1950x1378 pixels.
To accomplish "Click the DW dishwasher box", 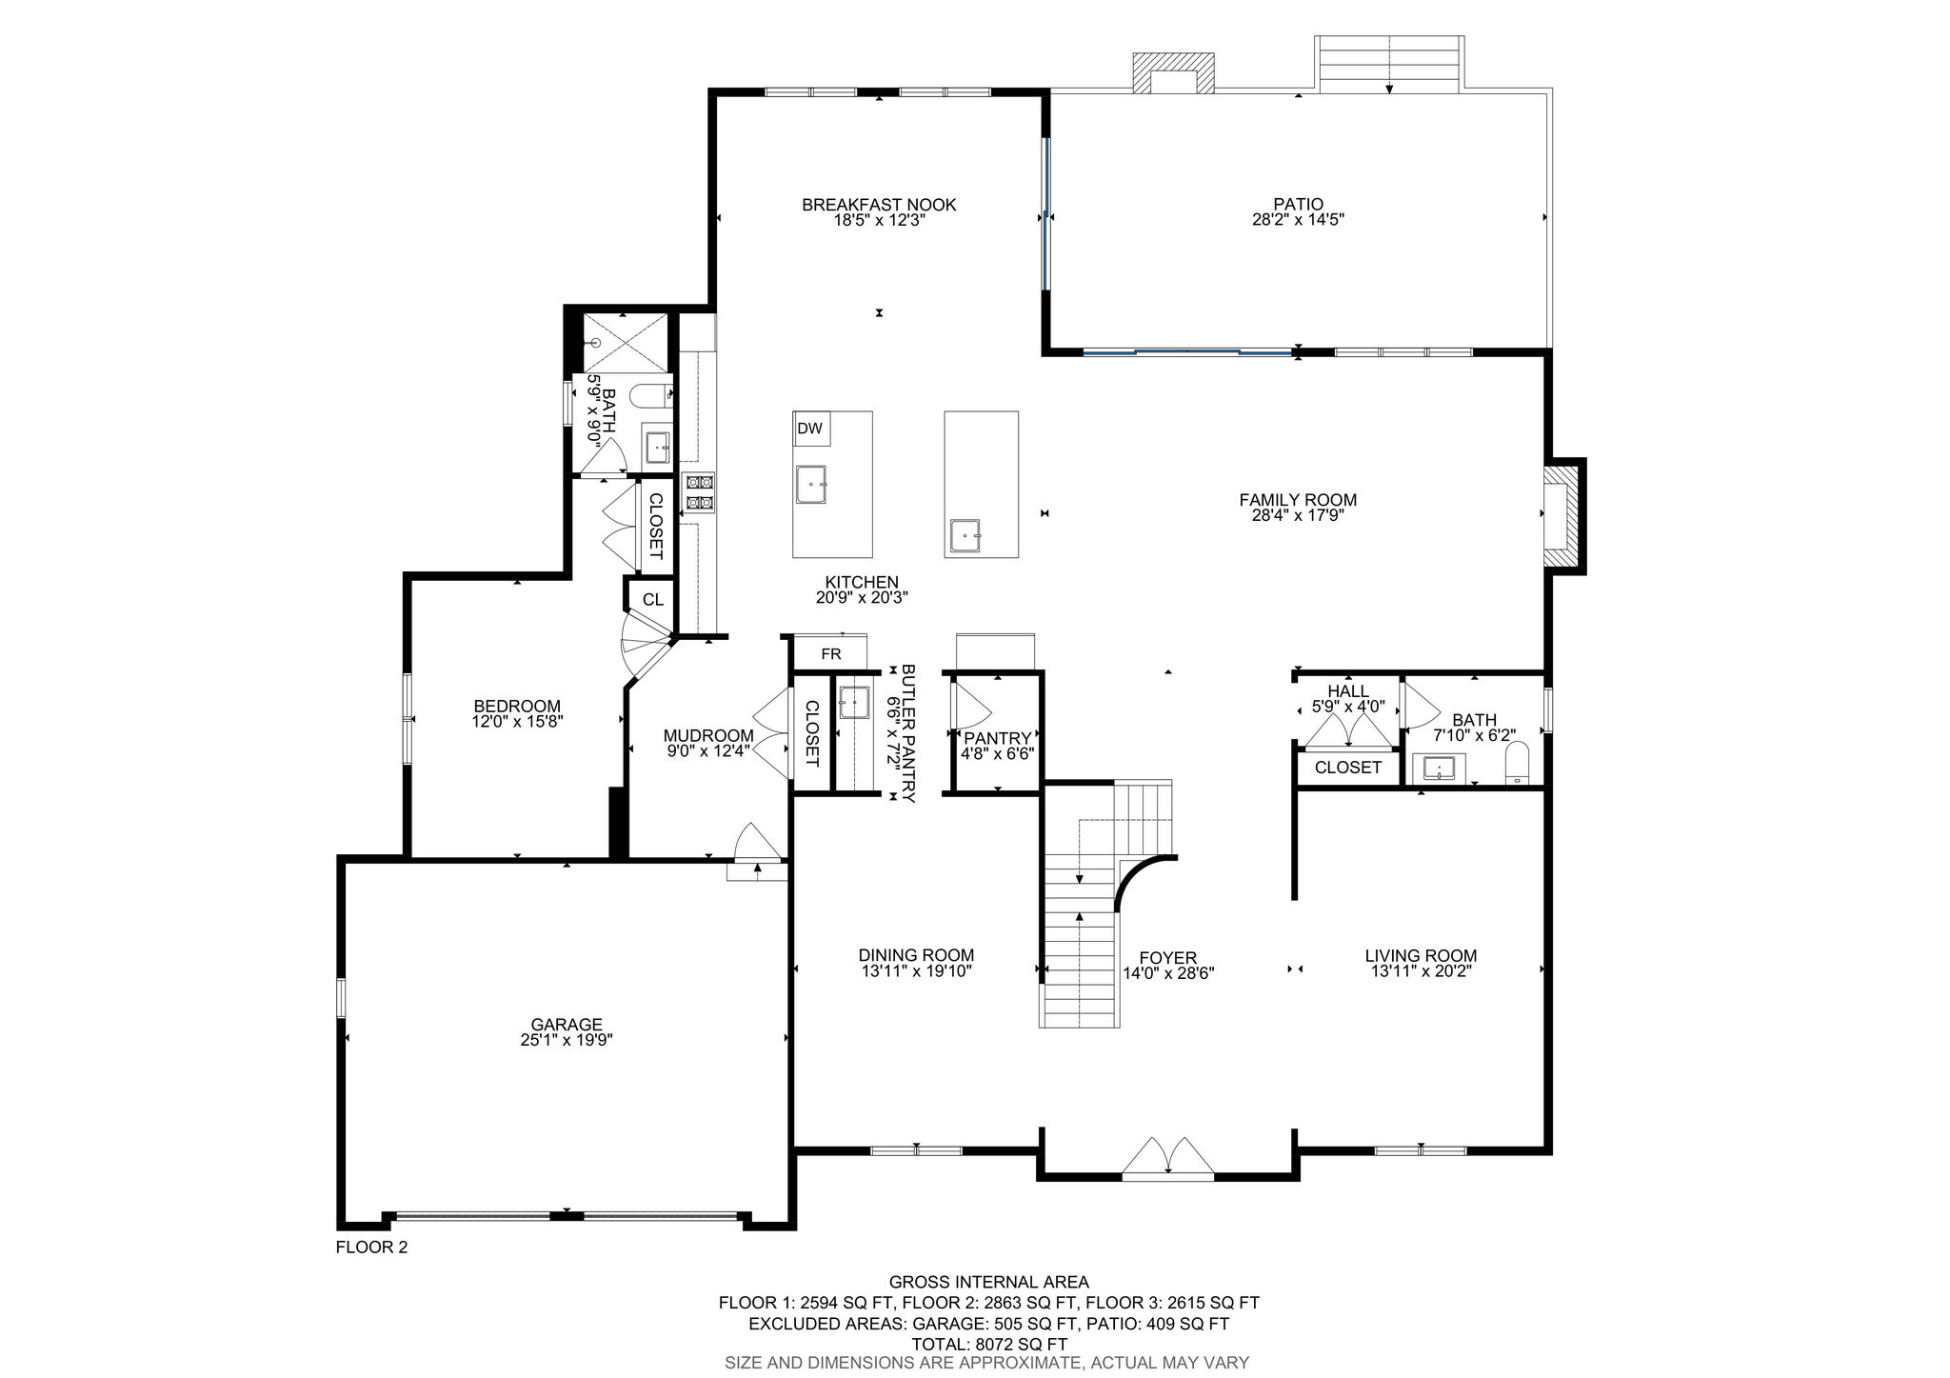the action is pos(811,429).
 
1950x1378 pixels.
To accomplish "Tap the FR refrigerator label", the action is pos(831,654).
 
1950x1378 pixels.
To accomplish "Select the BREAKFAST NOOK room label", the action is pos(879,205).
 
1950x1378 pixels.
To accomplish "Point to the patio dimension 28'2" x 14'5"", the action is pos(1299,219).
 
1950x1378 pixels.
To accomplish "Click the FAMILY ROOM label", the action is pos(1298,500).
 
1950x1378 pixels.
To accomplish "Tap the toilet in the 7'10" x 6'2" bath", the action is pos(1518,764).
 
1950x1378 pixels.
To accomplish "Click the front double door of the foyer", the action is pos(1168,1157).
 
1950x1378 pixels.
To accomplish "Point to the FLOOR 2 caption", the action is pos(371,1247).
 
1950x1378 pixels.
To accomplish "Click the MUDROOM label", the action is pos(708,735).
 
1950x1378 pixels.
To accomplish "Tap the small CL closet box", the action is pos(652,600).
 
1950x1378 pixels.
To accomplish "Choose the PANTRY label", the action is pos(998,738).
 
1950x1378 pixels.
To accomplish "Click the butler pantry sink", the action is pos(854,703).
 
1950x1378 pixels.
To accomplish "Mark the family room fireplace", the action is pos(1564,517).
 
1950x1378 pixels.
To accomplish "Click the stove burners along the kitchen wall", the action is pos(699,492).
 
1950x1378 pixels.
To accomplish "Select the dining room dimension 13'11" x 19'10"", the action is pos(916,971).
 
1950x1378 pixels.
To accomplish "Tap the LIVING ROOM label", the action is pos(1421,956).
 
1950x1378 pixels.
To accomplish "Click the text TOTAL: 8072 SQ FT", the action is pos(989,1345).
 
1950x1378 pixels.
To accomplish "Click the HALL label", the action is pos(1348,691).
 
